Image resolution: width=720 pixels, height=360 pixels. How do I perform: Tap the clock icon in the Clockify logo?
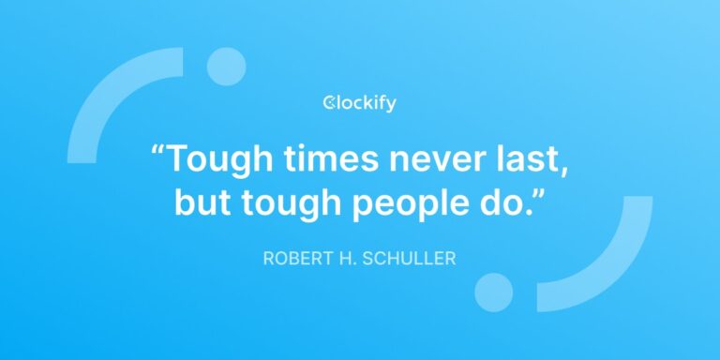pyautogui.click(x=329, y=103)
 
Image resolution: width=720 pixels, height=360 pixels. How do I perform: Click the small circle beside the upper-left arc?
pyautogui.click(x=226, y=66)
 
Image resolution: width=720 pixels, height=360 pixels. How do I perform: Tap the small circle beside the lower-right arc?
pyautogui.click(x=493, y=292)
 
